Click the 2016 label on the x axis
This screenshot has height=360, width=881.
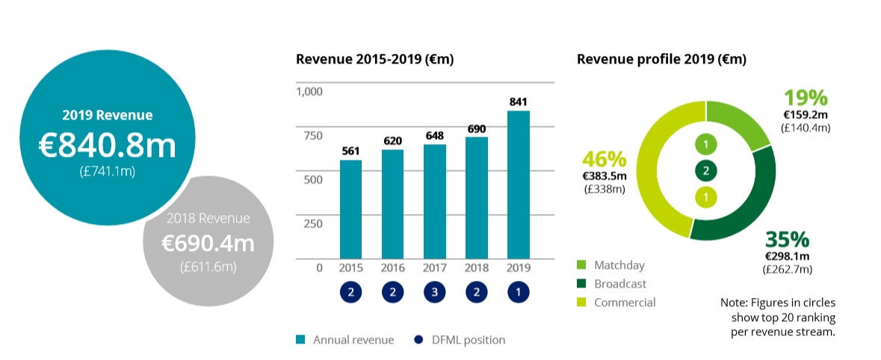tap(392, 267)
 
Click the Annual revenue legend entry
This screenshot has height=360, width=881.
tap(344, 340)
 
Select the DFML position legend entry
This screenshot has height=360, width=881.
tap(460, 340)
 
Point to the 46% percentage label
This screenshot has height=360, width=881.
tap(604, 159)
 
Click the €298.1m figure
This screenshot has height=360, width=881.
tap(787, 256)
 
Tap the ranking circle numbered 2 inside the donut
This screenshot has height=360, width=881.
tap(705, 170)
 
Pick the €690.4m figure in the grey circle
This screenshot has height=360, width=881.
tap(208, 243)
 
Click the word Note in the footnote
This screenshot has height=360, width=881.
tap(733, 303)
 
